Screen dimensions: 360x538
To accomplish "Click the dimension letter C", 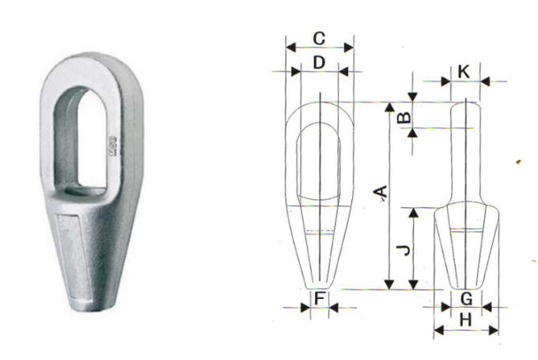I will (318, 37).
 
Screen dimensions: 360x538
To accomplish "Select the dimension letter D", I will (318, 62).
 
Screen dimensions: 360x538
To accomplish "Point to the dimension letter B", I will (403, 117).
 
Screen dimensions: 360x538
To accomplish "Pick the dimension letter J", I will (403, 249).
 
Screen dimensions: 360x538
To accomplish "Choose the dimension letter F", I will (320, 298).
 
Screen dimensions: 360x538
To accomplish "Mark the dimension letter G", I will (466, 298).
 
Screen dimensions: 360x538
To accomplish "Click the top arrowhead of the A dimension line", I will (388, 108).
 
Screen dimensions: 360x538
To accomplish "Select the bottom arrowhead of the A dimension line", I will (388, 286).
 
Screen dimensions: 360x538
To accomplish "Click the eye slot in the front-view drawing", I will (319, 162).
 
